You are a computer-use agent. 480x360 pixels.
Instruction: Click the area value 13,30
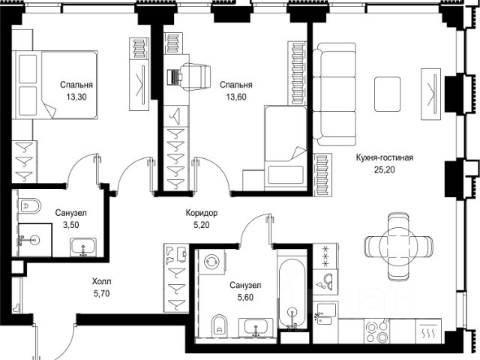click(76, 97)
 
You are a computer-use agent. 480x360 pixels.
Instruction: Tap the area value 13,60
click(236, 97)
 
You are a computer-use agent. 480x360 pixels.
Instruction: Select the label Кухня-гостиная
click(385, 157)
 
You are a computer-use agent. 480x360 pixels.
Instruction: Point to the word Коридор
click(202, 213)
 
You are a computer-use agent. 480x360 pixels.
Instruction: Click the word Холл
click(102, 281)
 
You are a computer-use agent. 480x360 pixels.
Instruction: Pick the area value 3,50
click(70, 225)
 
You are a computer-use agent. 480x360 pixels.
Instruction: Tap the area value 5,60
click(245, 297)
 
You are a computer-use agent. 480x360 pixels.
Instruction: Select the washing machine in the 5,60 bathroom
click(211, 262)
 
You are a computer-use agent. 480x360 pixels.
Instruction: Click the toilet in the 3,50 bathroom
click(29, 205)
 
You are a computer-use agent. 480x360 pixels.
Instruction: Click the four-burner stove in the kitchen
click(377, 331)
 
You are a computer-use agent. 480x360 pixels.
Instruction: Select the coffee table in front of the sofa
click(388, 94)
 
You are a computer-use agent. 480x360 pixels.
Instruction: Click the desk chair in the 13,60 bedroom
click(196, 76)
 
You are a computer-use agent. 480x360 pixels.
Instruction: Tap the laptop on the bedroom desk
click(173, 77)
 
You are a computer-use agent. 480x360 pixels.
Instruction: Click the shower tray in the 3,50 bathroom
click(35, 240)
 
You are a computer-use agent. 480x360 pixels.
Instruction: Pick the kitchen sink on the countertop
click(327, 312)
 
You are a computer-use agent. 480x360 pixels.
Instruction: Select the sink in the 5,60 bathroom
click(256, 327)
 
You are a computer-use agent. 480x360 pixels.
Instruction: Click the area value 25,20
click(385, 169)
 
